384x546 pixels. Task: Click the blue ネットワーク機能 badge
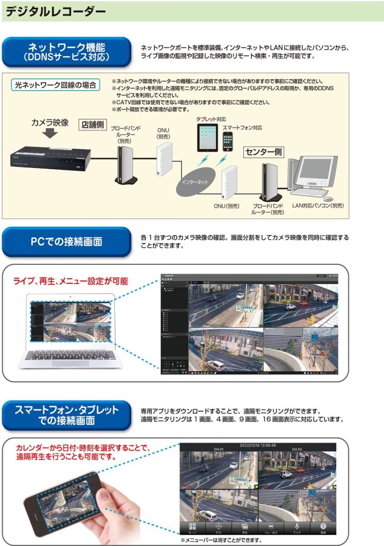[67, 52]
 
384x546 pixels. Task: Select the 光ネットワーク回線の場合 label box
[55, 85]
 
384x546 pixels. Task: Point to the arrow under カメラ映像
[50, 132]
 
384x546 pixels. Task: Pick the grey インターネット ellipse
[195, 181]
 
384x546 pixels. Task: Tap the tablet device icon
[208, 138]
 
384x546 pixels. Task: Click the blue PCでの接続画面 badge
[67, 242]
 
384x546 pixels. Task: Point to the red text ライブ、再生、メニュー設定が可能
[71, 281]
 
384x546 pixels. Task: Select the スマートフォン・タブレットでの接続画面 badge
[67, 415]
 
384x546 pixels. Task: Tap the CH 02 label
[297, 449]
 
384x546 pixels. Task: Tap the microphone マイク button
[297, 528]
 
